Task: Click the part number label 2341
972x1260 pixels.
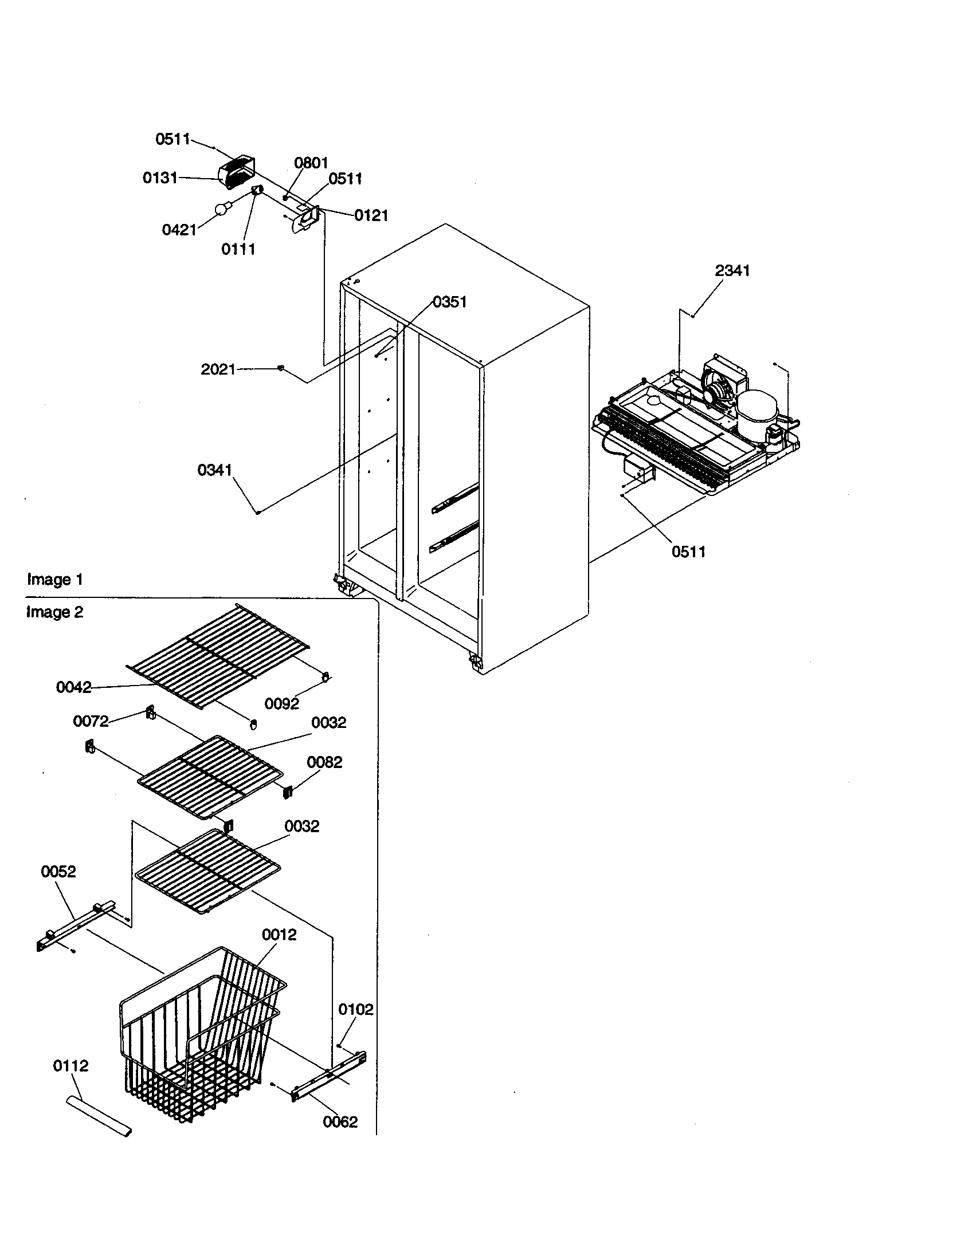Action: (732, 270)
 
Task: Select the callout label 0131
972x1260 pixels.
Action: (160, 178)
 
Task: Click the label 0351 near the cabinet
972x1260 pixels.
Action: (449, 302)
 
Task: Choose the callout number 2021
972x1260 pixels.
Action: (218, 369)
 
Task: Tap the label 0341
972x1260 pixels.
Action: (214, 470)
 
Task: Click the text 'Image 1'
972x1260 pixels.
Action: (55, 579)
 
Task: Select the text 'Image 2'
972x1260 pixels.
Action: (55, 612)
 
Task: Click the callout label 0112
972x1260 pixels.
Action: (70, 1066)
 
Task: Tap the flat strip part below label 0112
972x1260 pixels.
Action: (98, 1116)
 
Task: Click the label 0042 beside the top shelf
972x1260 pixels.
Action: (73, 687)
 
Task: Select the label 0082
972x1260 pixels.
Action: (324, 762)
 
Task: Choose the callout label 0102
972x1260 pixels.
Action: (355, 1009)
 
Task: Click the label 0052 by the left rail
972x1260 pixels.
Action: (58, 871)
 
